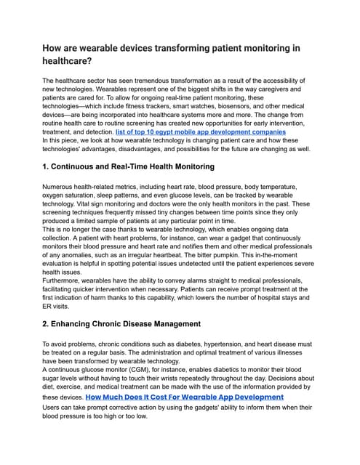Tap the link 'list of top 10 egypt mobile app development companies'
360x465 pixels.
(x=200, y=132)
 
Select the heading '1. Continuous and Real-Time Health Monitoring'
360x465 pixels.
(x=128, y=166)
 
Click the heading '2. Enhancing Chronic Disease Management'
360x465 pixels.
(x=121, y=323)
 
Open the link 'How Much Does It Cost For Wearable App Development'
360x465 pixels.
(x=184, y=397)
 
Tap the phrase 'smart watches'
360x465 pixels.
(x=194, y=106)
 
